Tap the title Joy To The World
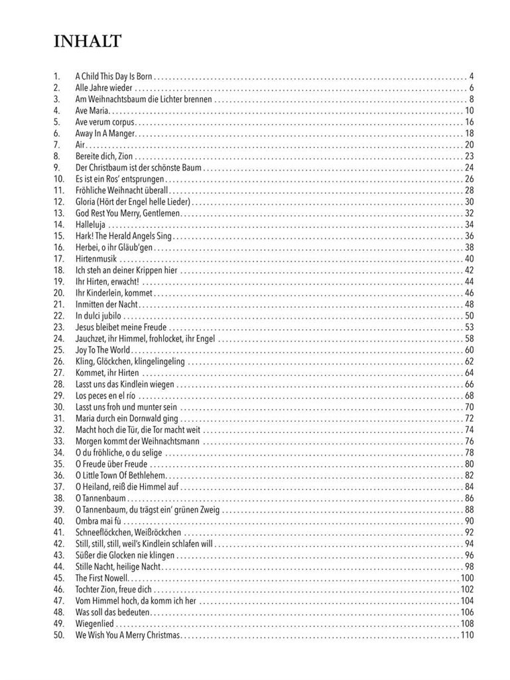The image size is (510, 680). coord(103,350)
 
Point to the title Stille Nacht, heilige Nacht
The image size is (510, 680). coord(118,566)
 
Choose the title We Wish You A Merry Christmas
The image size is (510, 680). coord(127,635)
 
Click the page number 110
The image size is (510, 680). coord(467,635)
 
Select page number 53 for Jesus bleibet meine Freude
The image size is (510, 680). coord(469,327)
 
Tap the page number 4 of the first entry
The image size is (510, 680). coord(471,76)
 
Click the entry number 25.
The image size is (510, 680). coord(59,350)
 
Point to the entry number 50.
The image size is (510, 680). coord(59,635)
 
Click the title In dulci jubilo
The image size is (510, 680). coord(98,315)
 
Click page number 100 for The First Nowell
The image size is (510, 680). coord(467,578)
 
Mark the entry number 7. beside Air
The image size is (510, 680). coord(57,145)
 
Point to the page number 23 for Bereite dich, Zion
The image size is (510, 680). coord(469,156)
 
